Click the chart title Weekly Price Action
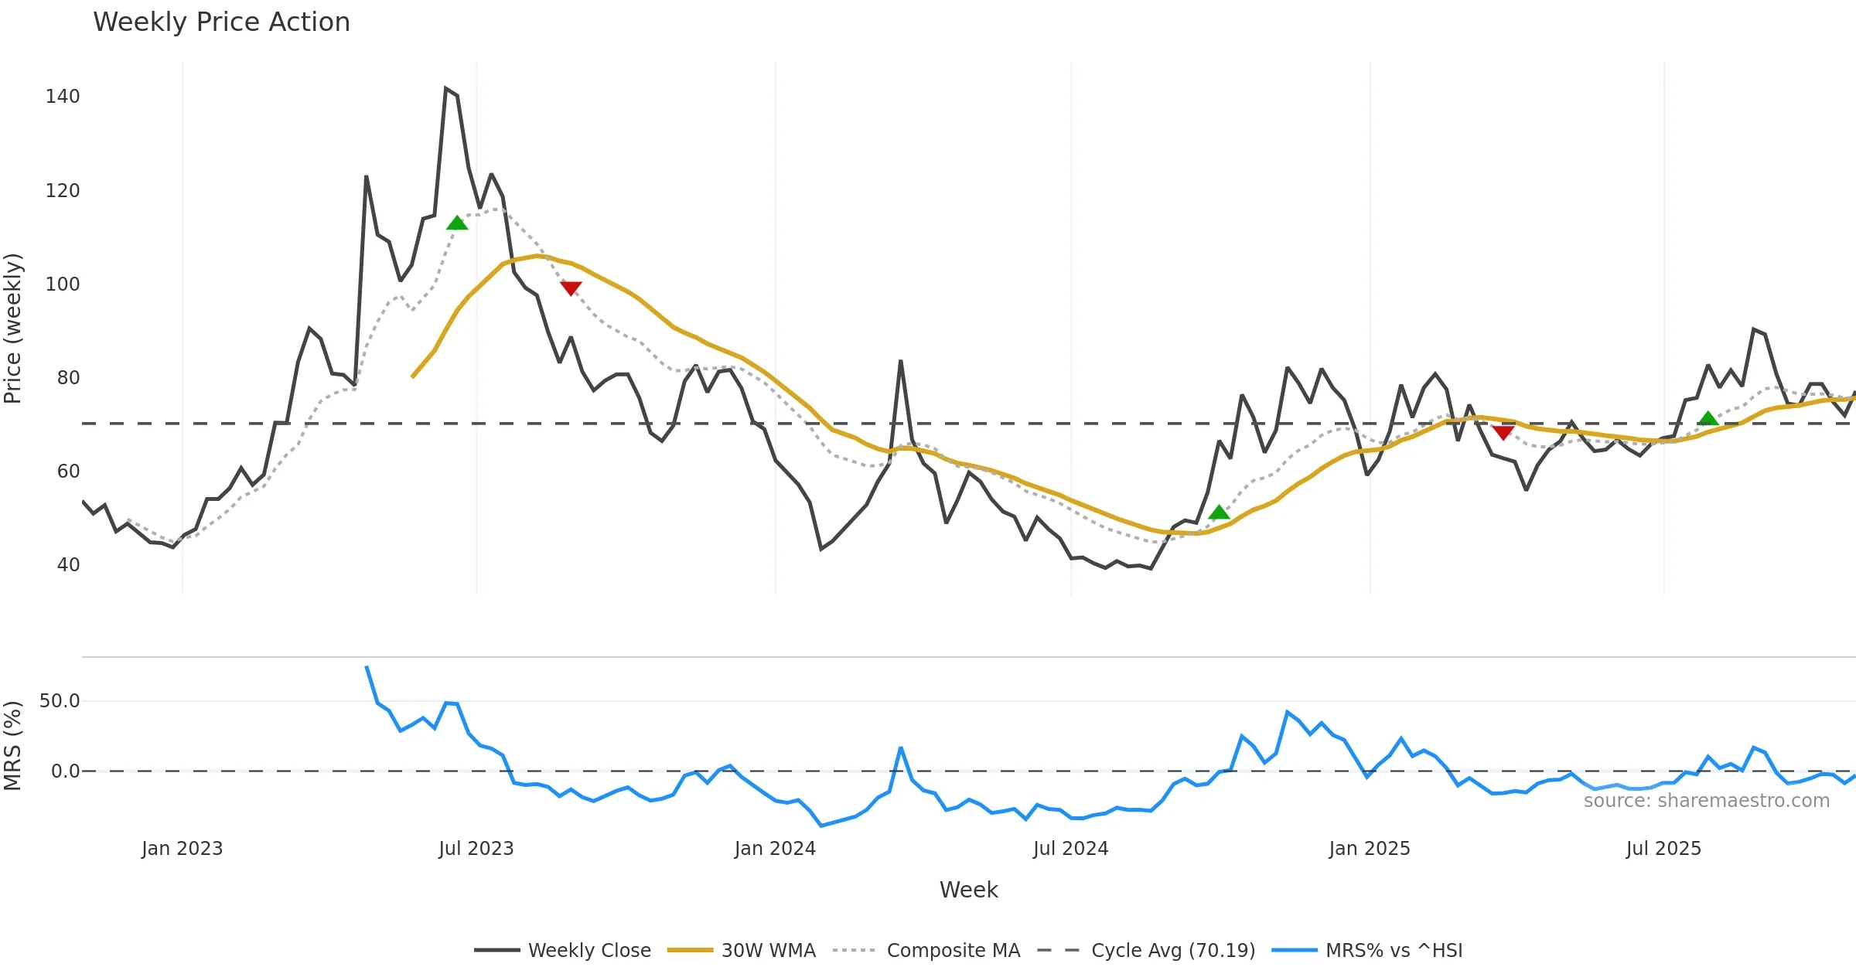(x=221, y=22)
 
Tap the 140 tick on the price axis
(x=63, y=97)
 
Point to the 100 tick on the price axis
(x=63, y=284)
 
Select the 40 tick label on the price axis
(x=68, y=565)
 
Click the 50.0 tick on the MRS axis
(x=60, y=701)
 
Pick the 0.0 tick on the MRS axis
(x=65, y=771)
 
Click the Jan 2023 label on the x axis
(x=183, y=849)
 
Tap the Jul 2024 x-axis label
(x=1071, y=849)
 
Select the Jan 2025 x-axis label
(x=1370, y=849)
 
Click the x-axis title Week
(x=968, y=891)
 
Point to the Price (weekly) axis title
(x=13, y=329)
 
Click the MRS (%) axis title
(x=13, y=746)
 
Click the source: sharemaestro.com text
(x=1706, y=801)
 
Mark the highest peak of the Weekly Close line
(x=446, y=88)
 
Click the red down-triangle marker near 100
(x=571, y=288)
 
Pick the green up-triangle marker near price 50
(x=1219, y=513)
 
